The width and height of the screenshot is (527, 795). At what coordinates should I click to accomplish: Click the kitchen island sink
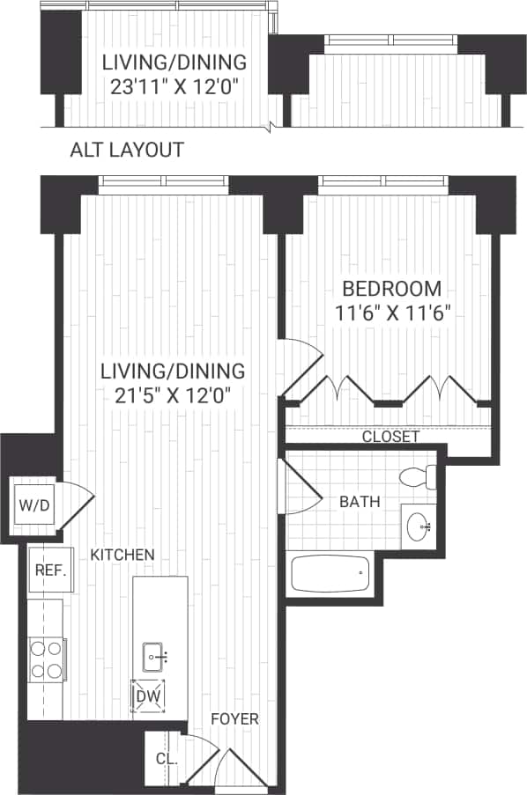156,655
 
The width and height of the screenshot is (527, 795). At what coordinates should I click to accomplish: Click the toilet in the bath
416,478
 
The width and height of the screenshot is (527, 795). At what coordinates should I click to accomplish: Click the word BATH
360,503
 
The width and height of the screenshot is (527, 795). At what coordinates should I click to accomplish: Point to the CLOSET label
390,437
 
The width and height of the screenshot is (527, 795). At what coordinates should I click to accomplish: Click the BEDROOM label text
391,288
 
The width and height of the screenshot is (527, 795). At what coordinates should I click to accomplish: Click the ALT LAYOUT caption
127,151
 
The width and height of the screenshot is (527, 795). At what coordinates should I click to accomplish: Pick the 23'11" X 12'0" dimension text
173,86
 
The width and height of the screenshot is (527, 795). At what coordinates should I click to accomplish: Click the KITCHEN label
122,555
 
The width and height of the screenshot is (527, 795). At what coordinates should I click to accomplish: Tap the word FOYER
234,719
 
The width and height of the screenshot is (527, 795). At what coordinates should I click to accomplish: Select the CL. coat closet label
166,758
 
